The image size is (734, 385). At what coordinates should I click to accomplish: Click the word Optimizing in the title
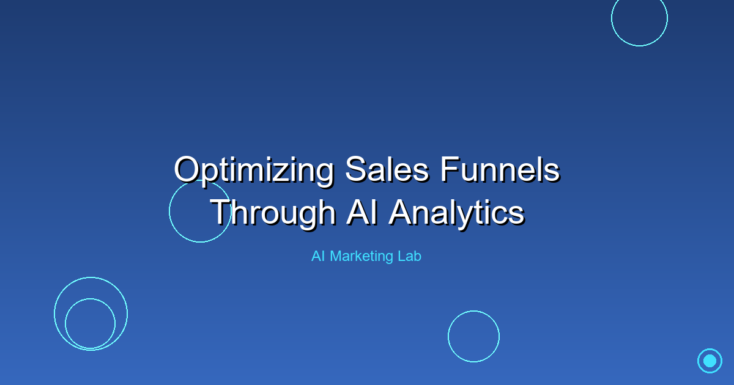coord(253,170)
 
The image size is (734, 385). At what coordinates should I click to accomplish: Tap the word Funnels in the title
coord(500,169)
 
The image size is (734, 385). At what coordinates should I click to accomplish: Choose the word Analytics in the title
coord(456,213)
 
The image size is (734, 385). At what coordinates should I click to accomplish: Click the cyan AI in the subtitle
coord(317,257)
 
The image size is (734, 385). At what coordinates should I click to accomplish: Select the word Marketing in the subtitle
coord(362,257)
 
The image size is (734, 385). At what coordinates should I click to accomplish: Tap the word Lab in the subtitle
coord(410,257)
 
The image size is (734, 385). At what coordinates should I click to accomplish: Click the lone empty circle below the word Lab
coord(473,336)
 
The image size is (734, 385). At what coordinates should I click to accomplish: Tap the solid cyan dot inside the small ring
coord(710,361)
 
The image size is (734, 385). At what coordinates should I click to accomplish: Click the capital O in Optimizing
coord(186,169)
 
